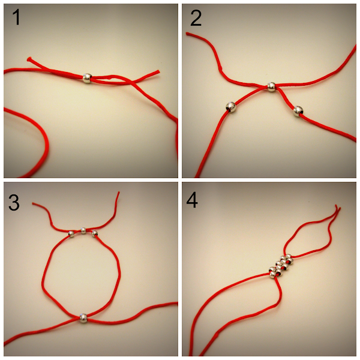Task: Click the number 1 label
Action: click(16, 17)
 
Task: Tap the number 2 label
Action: click(196, 17)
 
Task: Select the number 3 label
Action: click(14, 202)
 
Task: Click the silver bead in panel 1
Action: click(87, 78)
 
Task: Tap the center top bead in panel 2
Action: click(271, 87)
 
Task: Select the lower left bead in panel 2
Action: click(231, 107)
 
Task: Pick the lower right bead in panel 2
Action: click(298, 111)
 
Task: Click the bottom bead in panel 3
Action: click(83, 318)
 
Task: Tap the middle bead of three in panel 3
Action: click(83, 230)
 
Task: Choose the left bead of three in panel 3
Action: click(71, 234)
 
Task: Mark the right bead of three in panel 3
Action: click(94, 234)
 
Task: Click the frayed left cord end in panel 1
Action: click(29, 59)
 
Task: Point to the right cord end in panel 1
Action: click(158, 71)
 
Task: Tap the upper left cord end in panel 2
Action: click(187, 34)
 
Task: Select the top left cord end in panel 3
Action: click(33, 203)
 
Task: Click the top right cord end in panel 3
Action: click(119, 193)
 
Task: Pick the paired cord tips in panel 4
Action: click(337, 207)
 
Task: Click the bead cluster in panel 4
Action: click(281, 266)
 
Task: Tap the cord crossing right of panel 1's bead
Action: click(132, 82)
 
